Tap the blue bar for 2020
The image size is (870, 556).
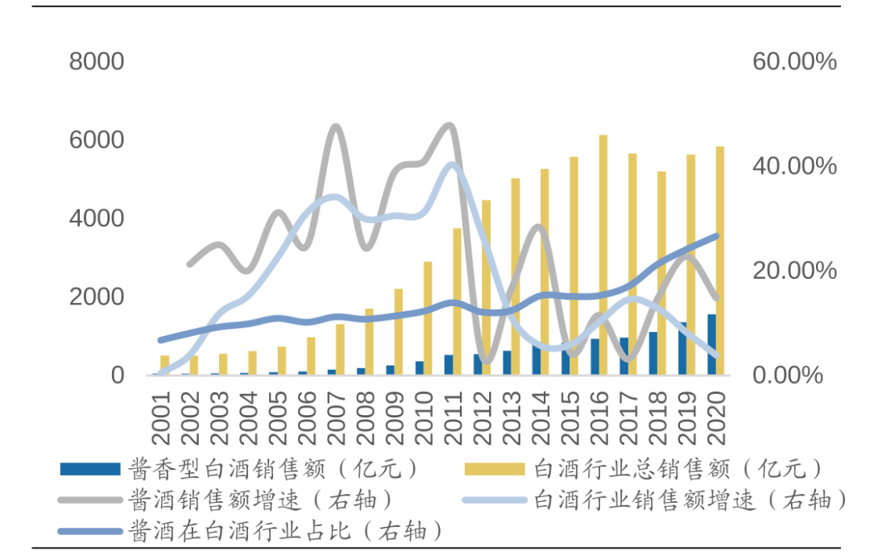coord(711,344)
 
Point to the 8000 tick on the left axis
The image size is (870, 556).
coord(97,61)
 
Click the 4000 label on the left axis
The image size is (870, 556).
coord(97,218)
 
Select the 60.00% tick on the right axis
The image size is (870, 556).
coord(794,61)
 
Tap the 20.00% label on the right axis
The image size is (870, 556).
coord(794,271)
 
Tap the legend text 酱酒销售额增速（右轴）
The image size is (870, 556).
coord(262,500)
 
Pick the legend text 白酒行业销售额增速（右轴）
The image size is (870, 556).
coord(690,500)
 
